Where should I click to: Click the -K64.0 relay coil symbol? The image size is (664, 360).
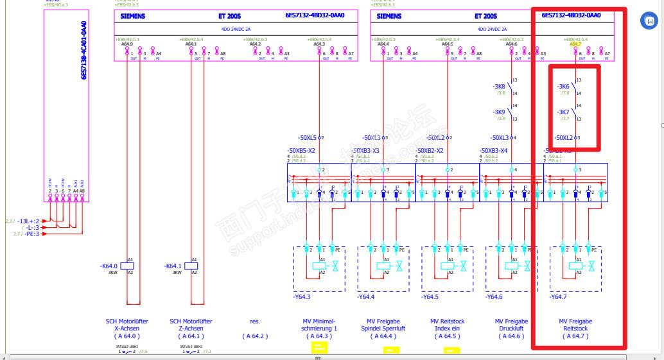127,266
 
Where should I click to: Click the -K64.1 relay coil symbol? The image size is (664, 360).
191,266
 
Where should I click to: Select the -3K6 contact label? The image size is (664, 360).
563,87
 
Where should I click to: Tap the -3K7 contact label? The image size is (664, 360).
563,112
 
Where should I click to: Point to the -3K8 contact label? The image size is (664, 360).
499,87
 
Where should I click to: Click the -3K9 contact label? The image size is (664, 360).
499,112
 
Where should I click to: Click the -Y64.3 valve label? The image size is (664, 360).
301,296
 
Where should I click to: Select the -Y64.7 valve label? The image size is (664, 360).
558,296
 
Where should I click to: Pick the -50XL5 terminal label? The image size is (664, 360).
308,138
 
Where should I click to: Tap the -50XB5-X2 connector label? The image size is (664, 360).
301,151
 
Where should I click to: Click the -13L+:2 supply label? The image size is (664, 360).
29,221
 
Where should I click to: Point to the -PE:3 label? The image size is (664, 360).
31,234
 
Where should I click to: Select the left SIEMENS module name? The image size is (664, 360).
133,16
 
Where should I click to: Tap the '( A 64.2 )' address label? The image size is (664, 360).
255,336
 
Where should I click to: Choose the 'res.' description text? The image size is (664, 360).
255,321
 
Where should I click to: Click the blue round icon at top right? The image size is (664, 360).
649,21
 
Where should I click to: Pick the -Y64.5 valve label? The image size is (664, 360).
430,296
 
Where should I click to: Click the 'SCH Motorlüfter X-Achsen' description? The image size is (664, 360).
127,325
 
